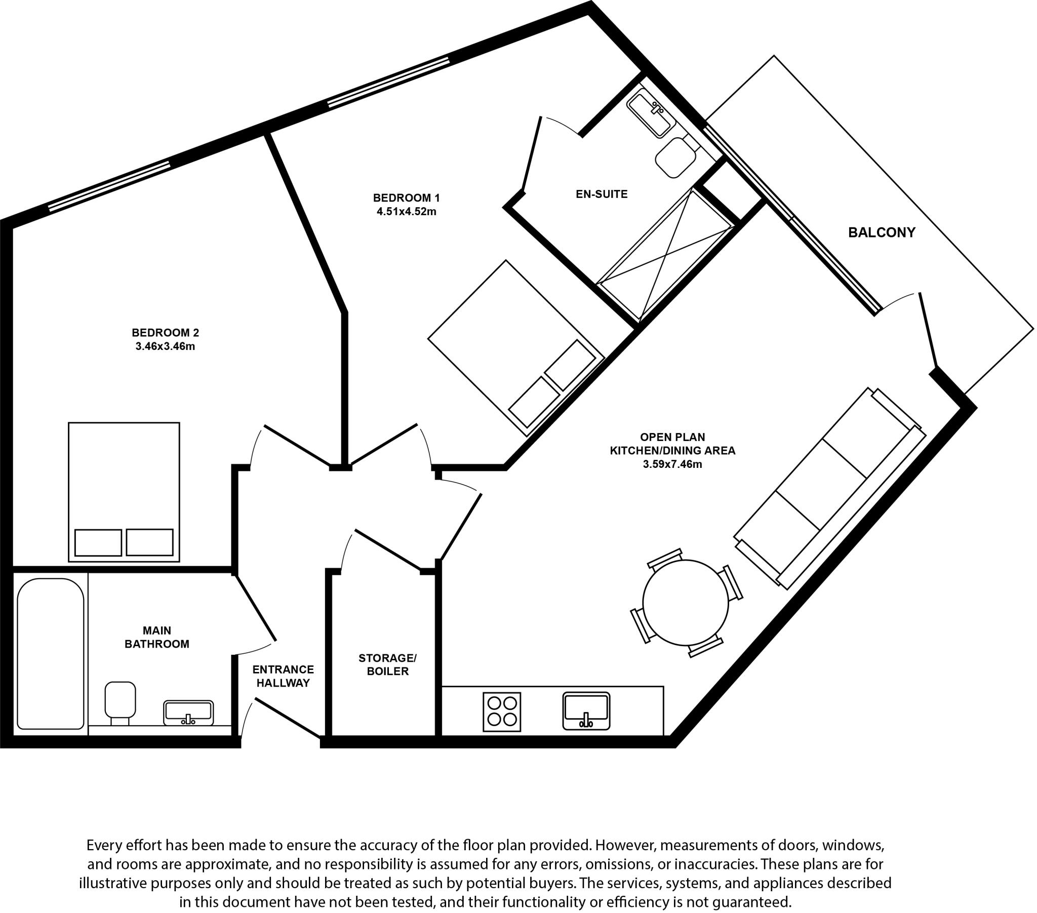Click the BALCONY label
[x=882, y=232]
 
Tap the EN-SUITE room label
[x=601, y=194]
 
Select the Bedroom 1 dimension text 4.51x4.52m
[x=407, y=212]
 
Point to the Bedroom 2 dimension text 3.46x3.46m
[x=166, y=347]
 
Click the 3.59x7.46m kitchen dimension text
[x=672, y=464]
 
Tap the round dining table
[x=686, y=603]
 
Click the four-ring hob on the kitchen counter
[x=502, y=712]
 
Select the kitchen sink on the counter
[x=586, y=711]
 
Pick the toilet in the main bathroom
[x=120, y=702]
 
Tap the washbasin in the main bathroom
[x=188, y=712]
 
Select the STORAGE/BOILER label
[x=387, y=664]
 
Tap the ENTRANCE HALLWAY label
[x=283, y=676]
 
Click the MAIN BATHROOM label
[x=157, y=637]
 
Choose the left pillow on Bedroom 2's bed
[x=98, y=542]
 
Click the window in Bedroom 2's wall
[x=109, y=186]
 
